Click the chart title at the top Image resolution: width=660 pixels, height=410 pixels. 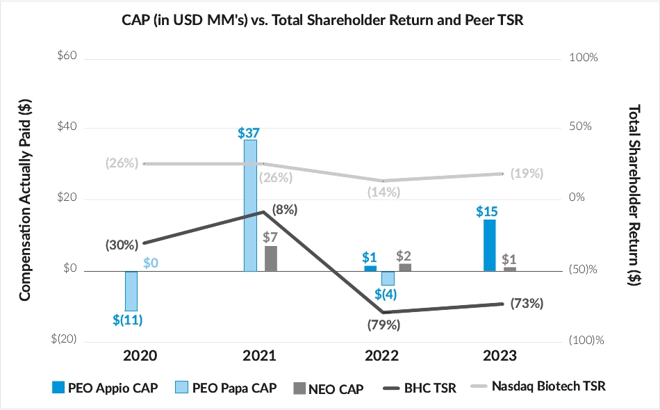tap(329, 20)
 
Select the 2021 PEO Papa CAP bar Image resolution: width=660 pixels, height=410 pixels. tap(250, 205)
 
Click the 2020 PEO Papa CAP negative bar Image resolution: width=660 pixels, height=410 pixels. tap(131, 290)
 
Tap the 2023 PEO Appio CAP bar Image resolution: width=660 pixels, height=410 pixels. tap(489, 245)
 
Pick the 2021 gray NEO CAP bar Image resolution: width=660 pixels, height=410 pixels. tap(270, 259)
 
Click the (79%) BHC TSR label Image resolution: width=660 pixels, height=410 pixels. tap(383, 324)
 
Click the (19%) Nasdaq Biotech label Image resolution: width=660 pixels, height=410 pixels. tap(527, 174)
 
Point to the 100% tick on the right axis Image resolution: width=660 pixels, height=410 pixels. tap(583, 56)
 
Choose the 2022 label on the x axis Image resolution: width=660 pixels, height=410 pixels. tap(381, 356)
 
